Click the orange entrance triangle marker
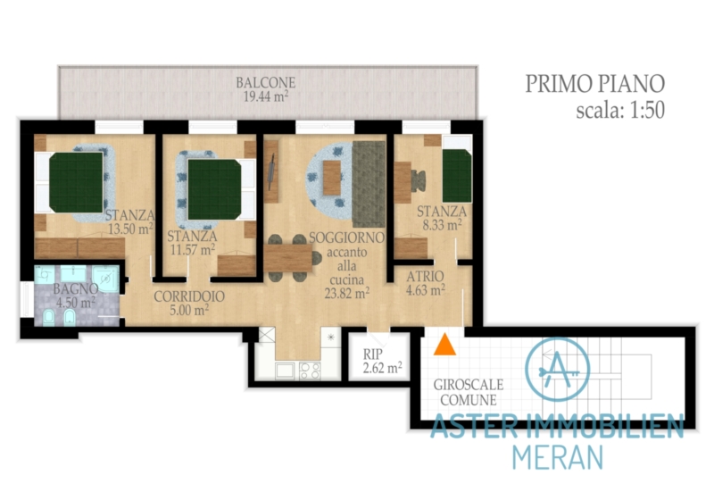[x=444, y=345]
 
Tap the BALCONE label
[x=266, y=82]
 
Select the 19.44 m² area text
[x=266, y=96]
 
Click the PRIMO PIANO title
[x=595, y=83]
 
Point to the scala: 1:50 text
[x=620, y=110]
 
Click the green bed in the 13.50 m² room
[x=76, y=182]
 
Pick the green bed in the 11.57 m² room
[x=214, y=189]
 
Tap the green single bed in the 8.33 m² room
[x=457, y=176]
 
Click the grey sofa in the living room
[x=369, y=184]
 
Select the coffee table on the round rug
[x=332, y=178]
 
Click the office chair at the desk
[x=419, y=180]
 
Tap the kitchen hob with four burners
[x=310, y=371]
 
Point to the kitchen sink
[x=286, y=371]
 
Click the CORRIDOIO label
[x=189, y=296]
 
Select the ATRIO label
[x=426, y=277]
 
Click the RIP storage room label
[x=373, y=354]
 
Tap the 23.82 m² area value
[x=347, y=293]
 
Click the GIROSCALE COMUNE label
[x=469, y=393]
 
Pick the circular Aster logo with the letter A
[x=557, y=370]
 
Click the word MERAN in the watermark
[x=558, y=457]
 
